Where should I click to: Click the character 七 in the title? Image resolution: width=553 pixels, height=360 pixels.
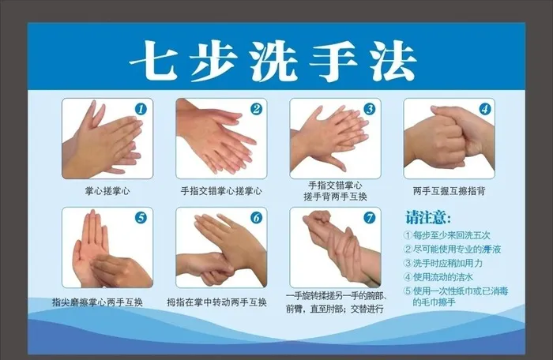tap(160, 58)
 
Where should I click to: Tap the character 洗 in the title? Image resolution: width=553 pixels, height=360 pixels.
tap(276, 58)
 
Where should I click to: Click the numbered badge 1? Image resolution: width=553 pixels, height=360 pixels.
tap(141, 110)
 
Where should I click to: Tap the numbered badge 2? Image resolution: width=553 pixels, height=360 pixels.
tap(255, 110)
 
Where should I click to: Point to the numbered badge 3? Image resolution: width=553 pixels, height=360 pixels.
tap(369, 110)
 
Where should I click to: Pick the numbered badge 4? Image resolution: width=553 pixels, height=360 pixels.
tap(483, 110)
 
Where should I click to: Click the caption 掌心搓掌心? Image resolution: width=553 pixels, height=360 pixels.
tap(107, 190)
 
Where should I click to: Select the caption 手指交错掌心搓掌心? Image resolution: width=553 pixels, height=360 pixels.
tap(221, 190)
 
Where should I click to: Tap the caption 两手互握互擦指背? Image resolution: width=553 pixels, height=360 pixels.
tap(449, 190)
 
